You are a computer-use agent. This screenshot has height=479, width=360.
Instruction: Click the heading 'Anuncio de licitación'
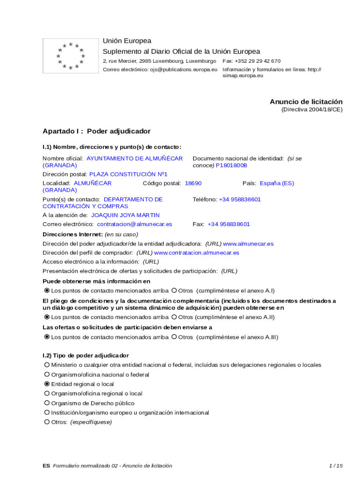tap(306, 102)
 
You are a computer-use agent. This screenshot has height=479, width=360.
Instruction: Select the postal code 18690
tap(193, 183)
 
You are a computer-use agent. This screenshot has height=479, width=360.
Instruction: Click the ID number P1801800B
tap(231, 166)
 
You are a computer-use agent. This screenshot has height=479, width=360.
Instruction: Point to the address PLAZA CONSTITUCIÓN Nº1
tap(128, 174)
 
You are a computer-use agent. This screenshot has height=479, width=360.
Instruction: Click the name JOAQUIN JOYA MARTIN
tap(125, 215)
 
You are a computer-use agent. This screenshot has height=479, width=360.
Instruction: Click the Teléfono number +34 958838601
tap(240, 199)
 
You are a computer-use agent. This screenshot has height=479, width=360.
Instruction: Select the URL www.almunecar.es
tap(248, 244)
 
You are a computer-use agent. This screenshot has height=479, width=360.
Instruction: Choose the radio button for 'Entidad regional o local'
tap(47, 384)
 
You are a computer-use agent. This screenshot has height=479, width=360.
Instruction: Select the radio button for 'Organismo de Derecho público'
tap(47, 403)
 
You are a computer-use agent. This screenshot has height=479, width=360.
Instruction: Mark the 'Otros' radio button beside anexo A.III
tap(174, 337)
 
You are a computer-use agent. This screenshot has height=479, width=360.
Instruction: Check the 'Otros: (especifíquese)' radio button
tap(47, 422)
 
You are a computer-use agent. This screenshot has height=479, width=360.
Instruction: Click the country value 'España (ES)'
tap(277, 183)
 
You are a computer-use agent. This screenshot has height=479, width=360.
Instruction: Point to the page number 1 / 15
tap(336, 465)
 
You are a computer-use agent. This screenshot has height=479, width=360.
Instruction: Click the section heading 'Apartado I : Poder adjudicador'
tap(96, 131)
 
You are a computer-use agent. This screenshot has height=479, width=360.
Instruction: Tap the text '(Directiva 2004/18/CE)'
tap(311, 109)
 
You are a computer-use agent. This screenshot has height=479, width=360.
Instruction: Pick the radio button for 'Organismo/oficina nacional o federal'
tap(47, 375)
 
